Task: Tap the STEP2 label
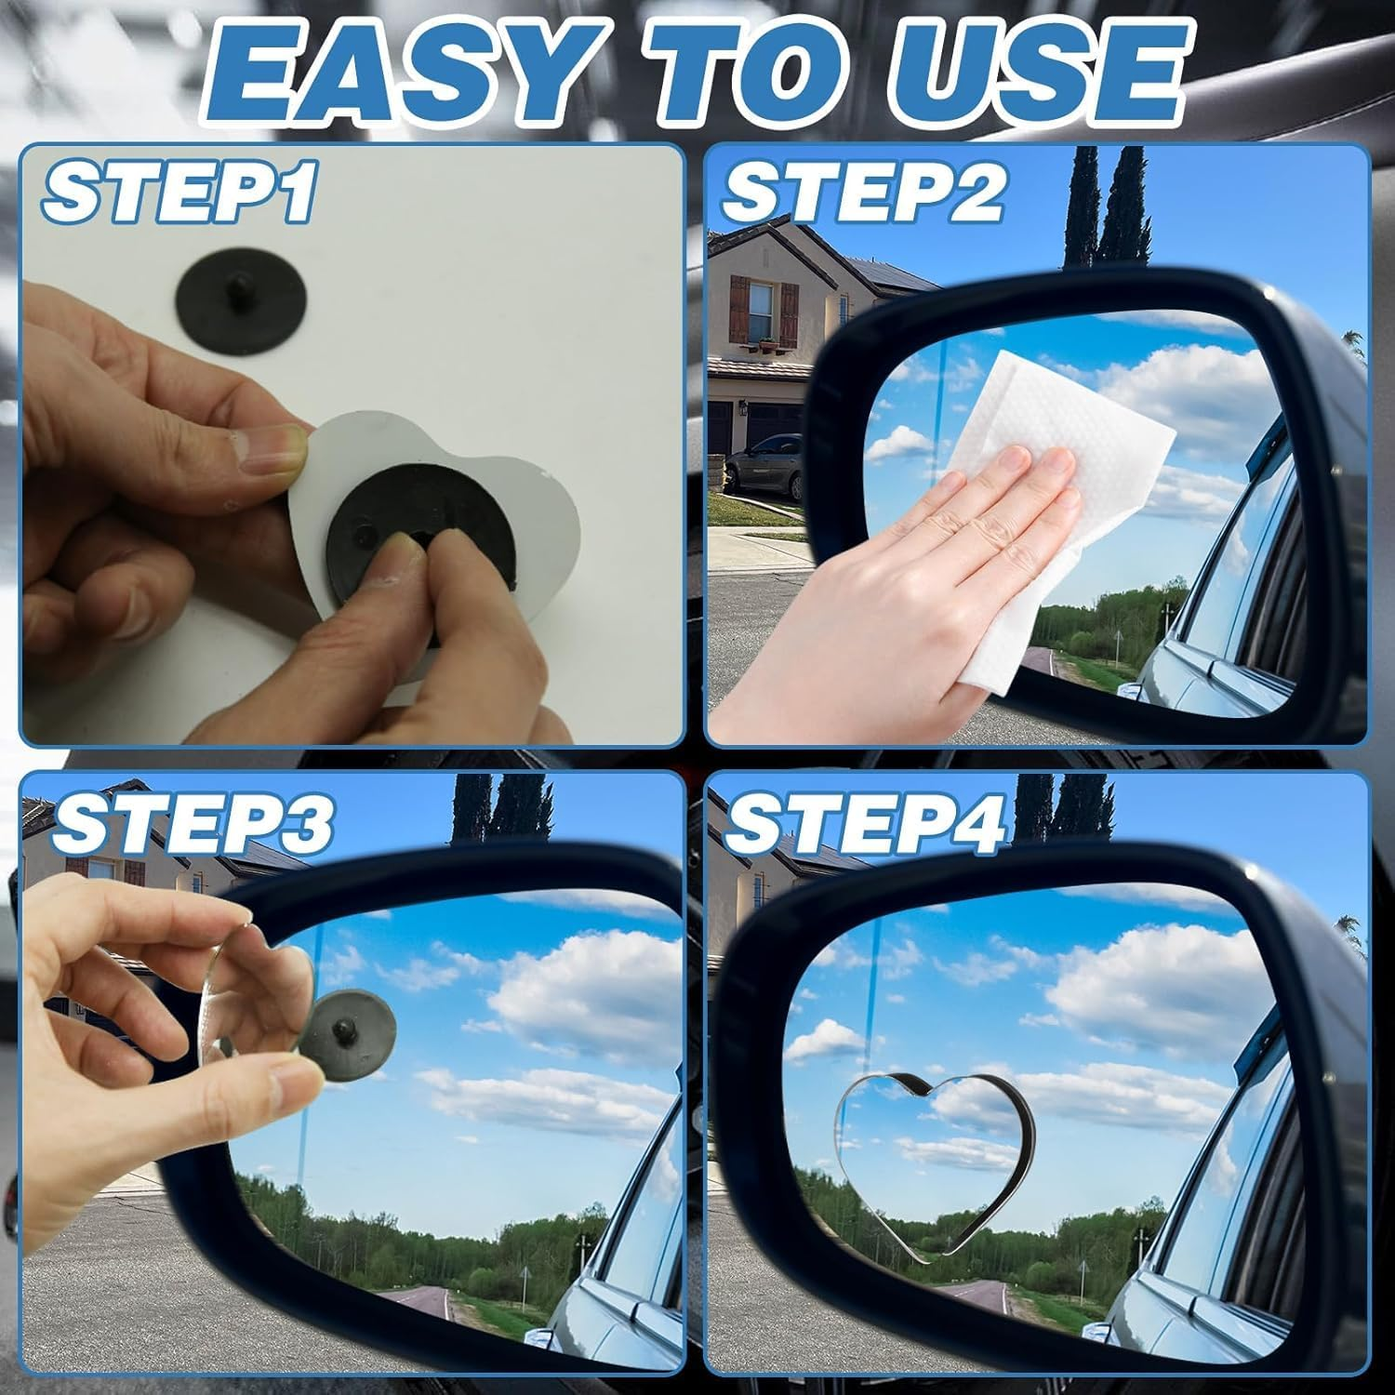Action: (863, 193)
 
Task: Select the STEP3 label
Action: (191, 822)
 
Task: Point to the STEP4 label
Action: (865, 822)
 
